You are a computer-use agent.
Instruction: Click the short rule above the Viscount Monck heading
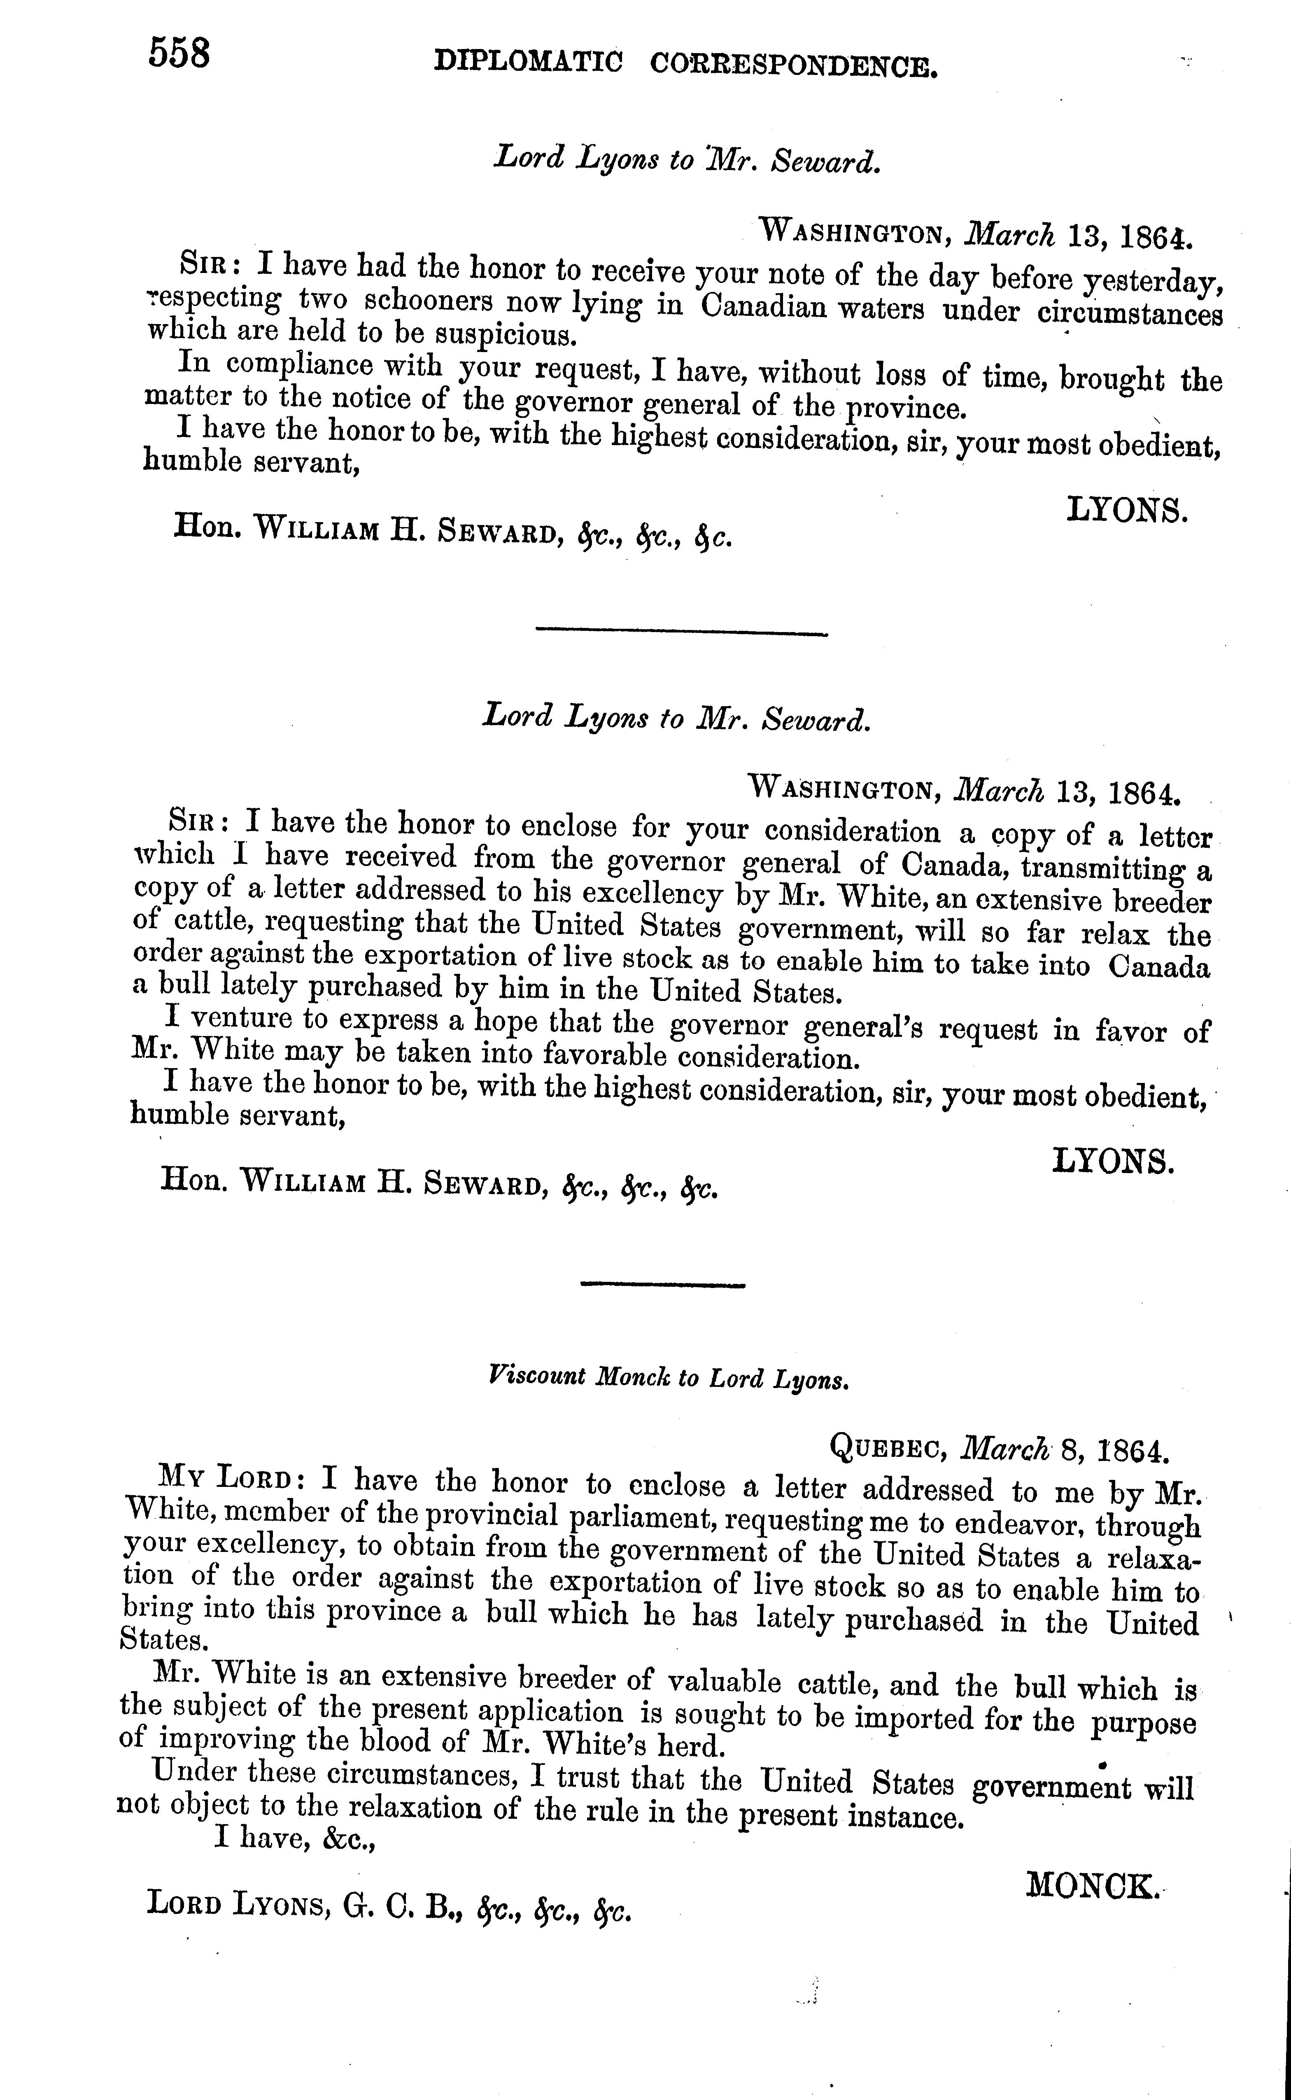[x=664, y=1283]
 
